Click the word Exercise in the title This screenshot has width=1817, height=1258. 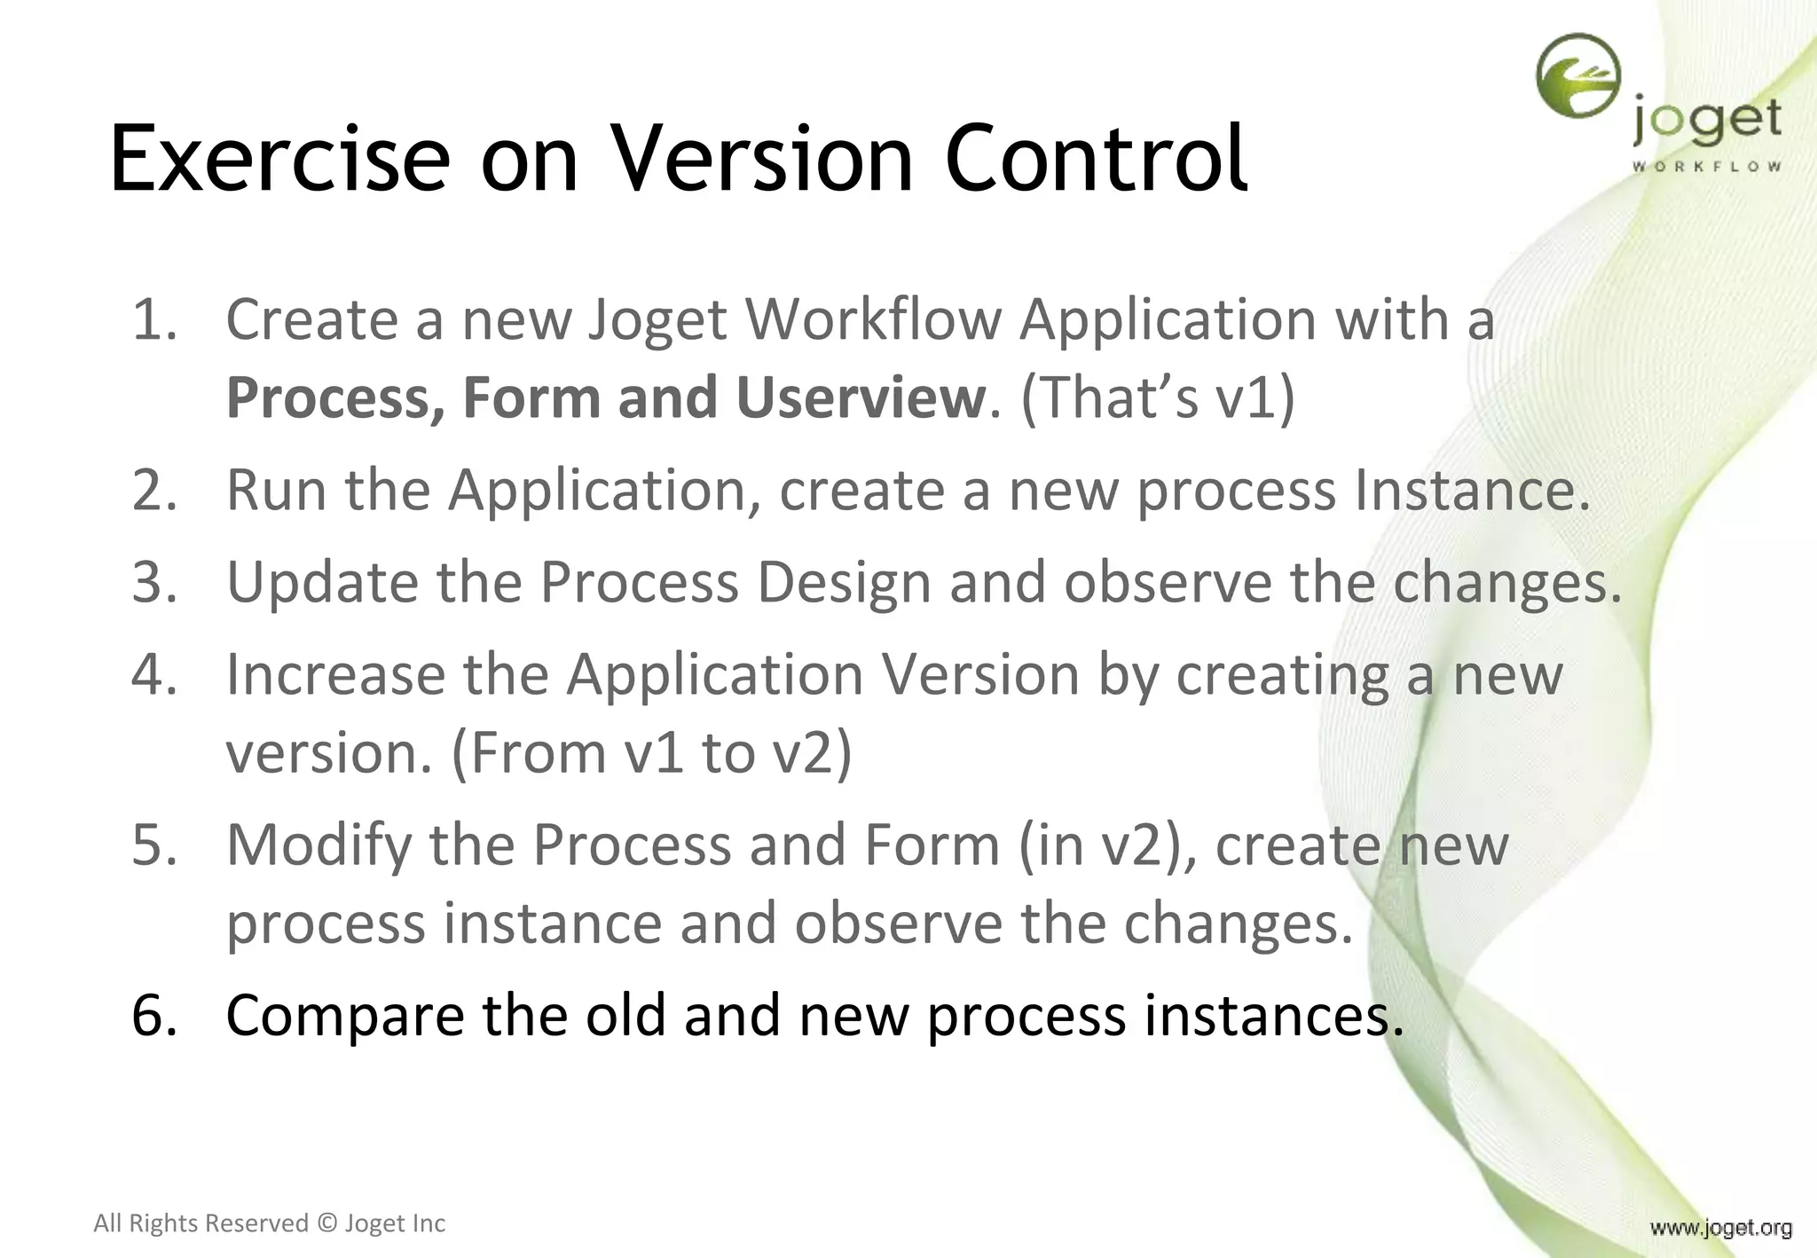click(279, 159)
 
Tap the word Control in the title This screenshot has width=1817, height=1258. click(1097, 159)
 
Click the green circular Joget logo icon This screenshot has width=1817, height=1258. click(1578, 76)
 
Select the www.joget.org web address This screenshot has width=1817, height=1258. click(1720, 1228)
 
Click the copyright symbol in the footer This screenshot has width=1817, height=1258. click(326, 1223)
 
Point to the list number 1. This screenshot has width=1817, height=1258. click(153, 319)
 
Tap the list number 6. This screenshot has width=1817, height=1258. click(153, 1016)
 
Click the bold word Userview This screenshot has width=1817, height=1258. click(861, 397)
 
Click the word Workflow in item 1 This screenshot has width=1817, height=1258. click(874, 319)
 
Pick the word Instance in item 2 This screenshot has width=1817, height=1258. click(1471, 490)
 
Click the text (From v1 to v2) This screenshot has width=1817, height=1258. click(651, 753)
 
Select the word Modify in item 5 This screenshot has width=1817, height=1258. click(319, 845)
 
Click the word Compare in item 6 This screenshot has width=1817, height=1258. click(345, 1016)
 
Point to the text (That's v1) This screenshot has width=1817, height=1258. click(1158, 397)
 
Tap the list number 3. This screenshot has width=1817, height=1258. click(153, 583)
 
